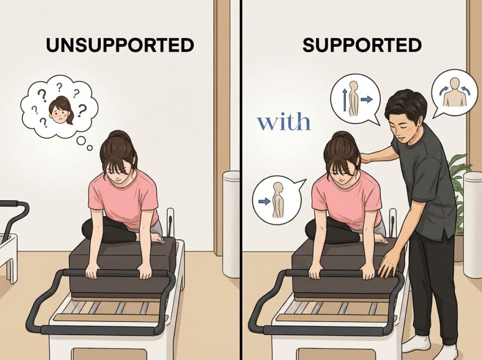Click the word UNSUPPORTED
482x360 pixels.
[x=120, y=45]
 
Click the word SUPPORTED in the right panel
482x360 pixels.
[x=362, y=45]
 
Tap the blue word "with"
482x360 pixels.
[x=284, y=122]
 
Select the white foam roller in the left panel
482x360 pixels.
[x=231, y=224]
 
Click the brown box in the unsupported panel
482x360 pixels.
[x=123, y=271]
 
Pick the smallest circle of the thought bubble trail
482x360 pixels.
[x=89, y=148]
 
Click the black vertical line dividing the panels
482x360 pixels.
[x=241, y=180]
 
